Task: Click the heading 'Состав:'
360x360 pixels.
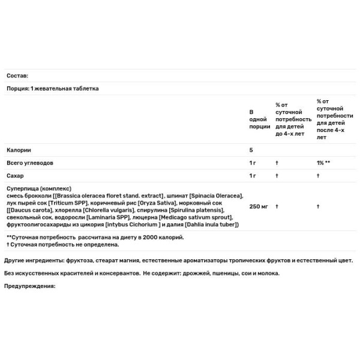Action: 17,76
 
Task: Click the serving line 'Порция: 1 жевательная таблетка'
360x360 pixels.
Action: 53,89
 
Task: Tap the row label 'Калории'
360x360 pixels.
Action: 19,150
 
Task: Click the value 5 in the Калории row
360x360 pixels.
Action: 251,150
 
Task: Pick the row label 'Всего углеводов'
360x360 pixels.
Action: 30,163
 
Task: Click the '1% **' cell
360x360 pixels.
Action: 324,163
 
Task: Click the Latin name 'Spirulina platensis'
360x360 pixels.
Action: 197,210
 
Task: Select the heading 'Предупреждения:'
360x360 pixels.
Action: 29,286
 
